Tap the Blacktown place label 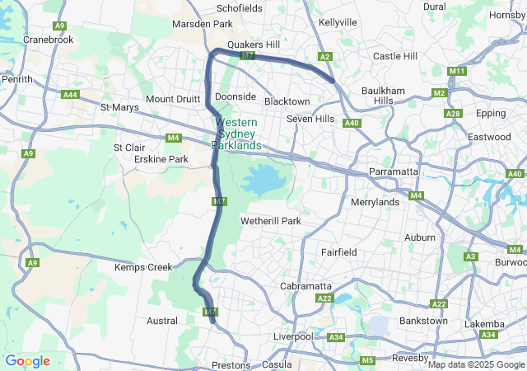pos(287,101)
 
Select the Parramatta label pos(394,171)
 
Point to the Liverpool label pos(293,337)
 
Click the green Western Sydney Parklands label pos(236,134)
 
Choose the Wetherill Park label pos(270,221)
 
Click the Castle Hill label pos(395,56)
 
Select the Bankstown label pos(423,320)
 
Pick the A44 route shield pos(71,95)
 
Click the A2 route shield pos(325,57)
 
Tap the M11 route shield pos(456,72)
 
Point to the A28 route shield pos(452,114)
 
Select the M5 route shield pos(367,360)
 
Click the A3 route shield pos(471,257)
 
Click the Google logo pos(27,361)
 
